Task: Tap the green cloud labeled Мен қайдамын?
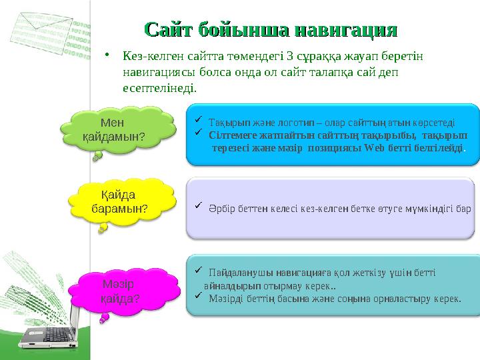[x=112, y=129]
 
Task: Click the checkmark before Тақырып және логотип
[x=199, y=121]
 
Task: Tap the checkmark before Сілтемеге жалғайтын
[x=199, y=133]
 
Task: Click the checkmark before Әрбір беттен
[x=199, y=207]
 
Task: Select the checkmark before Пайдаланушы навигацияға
[x=199, y=270]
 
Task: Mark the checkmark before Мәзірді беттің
[x=199, y=297]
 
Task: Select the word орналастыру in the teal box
[x=393, y=299]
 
